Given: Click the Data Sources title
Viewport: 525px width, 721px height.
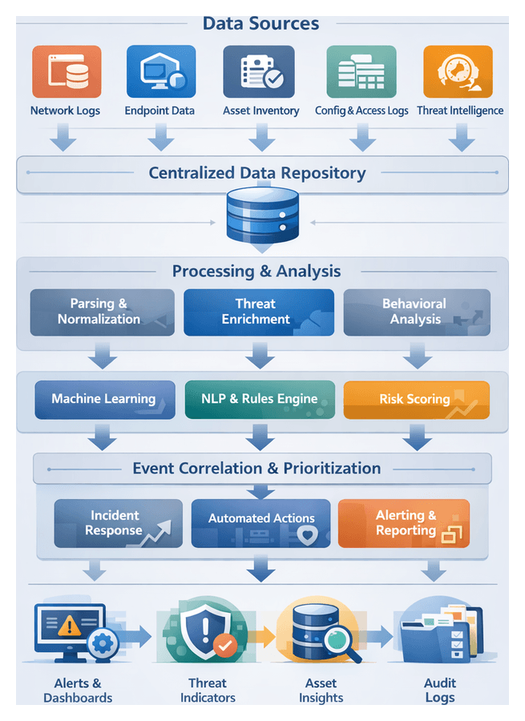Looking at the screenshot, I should [260, 23].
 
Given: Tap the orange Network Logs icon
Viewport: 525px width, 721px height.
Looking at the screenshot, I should [67, 72].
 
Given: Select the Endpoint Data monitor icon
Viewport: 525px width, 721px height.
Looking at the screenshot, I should [161, 72].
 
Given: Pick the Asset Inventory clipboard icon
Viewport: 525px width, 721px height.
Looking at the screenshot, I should [257, 72].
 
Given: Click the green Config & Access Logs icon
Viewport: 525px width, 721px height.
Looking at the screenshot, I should [361, 72].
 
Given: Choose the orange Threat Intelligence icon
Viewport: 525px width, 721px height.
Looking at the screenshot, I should [458, 72].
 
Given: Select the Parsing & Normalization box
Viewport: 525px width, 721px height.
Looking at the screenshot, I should [102, 312].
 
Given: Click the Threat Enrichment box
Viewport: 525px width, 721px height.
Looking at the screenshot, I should [256, 312].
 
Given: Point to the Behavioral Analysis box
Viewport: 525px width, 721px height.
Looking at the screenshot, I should [416, 312].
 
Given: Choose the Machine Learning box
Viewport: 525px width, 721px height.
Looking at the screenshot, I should [104, 399].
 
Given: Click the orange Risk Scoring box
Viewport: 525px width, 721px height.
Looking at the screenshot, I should [415, 399].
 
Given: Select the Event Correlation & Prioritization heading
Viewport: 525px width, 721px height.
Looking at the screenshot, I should [256, 468].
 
